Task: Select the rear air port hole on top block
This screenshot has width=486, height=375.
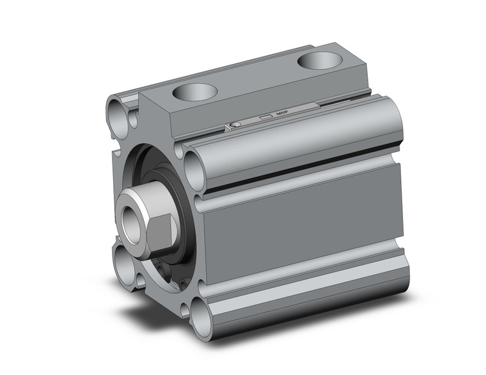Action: pos(318,62)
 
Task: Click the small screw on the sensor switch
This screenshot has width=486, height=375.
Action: pos(237,125)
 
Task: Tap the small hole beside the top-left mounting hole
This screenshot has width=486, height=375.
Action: pos(134,118)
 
